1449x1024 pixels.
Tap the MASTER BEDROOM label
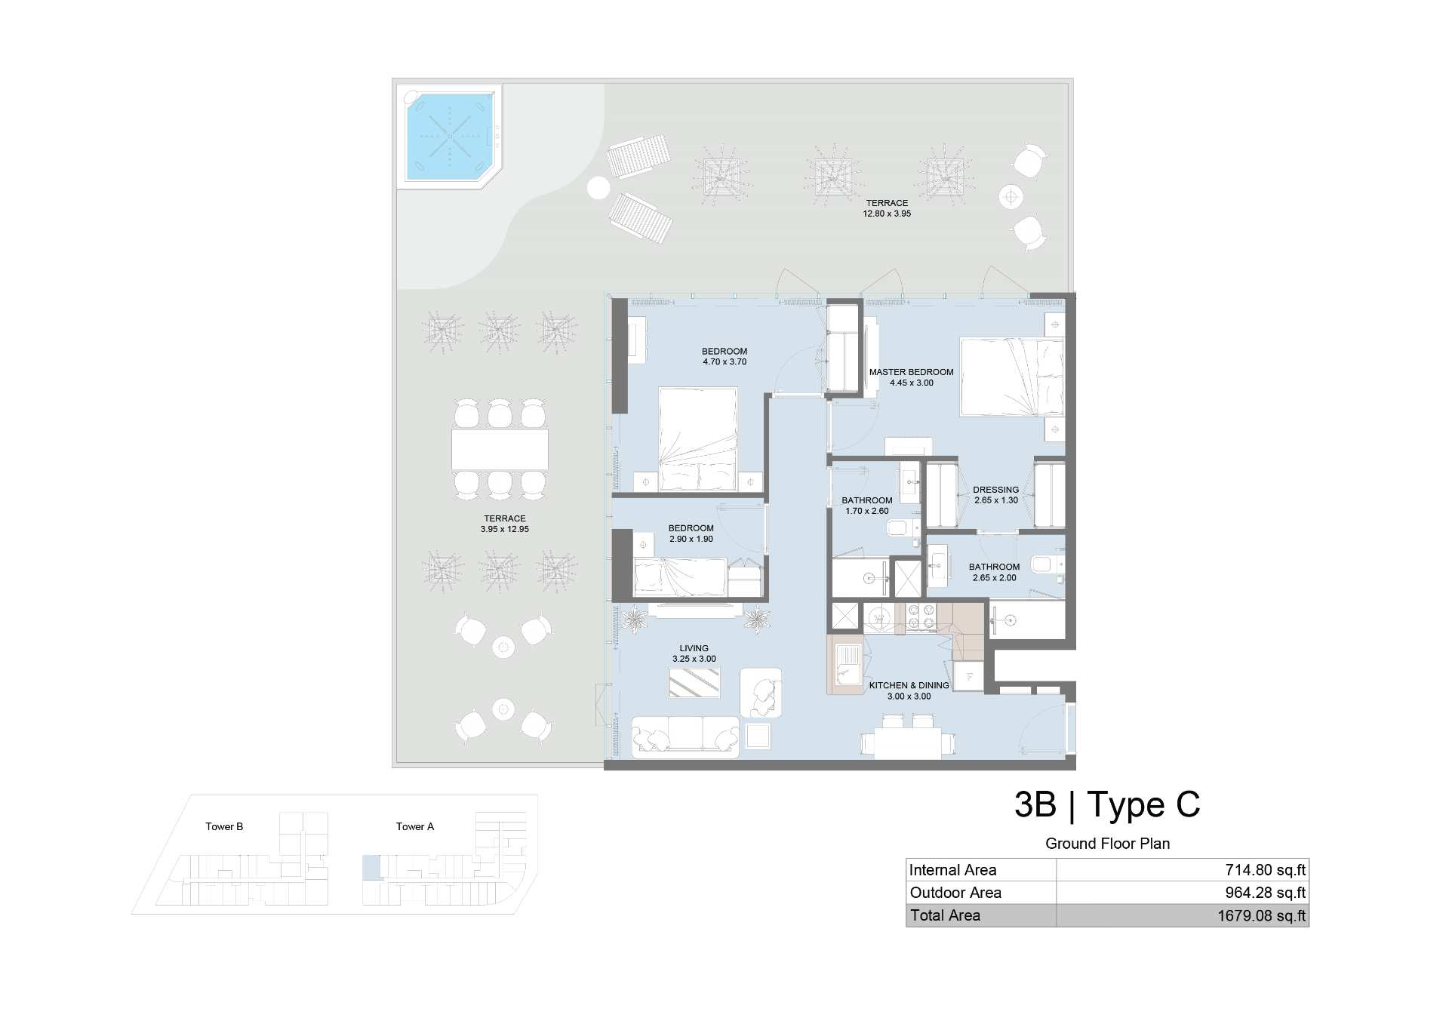pos(911,372)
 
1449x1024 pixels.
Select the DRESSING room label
pos(995,490)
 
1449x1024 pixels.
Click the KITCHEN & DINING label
pos(909,685)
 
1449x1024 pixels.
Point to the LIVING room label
pos(694,648)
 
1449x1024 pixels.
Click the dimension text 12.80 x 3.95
pos(887,214)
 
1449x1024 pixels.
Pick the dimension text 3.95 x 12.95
pos(505,529)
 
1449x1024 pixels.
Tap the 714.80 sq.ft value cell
pos(1265,870)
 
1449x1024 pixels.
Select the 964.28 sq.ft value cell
pos(1265,893)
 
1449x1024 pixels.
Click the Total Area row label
pos(945,915)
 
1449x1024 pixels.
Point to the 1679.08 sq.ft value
pos(1261,915)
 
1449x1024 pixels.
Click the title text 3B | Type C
pos(1107,804)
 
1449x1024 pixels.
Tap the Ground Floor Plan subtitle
pos(1107,844)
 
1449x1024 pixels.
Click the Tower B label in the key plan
pos(224,826)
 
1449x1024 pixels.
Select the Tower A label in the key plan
pos(415,826)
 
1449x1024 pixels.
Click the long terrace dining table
pos(500,449)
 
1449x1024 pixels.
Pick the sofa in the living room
pos(685,736)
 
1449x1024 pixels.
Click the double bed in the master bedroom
pos(1012,377)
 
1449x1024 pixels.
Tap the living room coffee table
pos(694,683)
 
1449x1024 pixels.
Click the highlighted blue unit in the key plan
pos(371,867)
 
